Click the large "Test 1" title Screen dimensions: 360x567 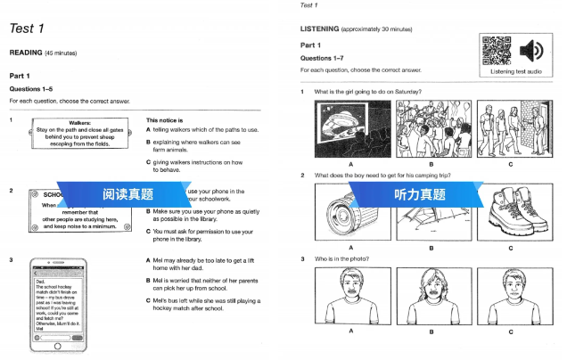[28, 29]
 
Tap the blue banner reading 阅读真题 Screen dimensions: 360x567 [127, 194]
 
